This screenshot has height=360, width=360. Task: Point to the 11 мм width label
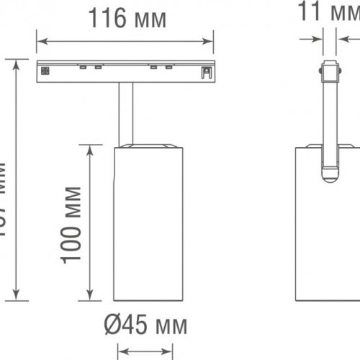point(328,12)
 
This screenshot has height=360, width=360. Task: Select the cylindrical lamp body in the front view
point(148,223)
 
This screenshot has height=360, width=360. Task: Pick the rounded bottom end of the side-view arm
point(330,172)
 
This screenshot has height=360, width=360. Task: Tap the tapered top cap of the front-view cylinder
point(148,148)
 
